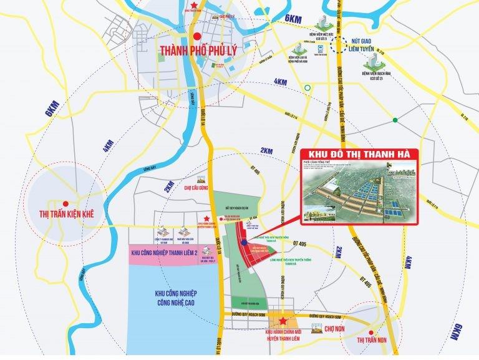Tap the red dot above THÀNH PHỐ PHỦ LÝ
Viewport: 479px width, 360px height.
pos(197,36)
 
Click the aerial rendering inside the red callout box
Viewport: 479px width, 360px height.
pos(359,190)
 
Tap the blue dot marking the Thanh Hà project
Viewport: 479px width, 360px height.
pos(244,242)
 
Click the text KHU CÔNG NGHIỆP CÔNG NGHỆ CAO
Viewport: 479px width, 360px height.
pos(170,297)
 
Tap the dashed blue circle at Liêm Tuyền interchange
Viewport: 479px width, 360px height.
pos(339,44)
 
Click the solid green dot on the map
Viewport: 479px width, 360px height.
pos(394,120)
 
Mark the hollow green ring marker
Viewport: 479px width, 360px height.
pos(307,88)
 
